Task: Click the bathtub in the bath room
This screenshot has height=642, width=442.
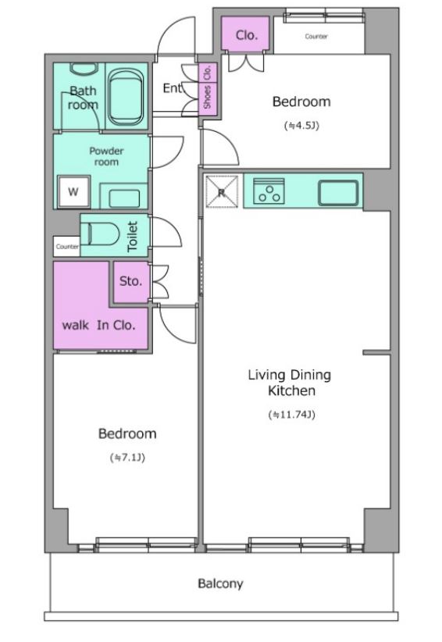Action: [126, 96]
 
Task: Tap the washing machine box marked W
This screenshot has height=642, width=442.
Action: [73, 191]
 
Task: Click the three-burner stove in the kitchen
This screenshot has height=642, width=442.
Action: [269, 191]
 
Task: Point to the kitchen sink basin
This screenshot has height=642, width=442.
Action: [338, 192]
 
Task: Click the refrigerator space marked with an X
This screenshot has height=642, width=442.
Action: [222, 191]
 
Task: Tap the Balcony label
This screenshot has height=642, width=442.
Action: [220, 583]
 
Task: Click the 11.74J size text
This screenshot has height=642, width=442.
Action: [292, 415]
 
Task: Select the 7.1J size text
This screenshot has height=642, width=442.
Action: [128, 457]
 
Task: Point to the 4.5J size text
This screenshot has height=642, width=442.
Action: [301, 125]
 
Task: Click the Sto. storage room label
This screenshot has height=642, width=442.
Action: [131, 281]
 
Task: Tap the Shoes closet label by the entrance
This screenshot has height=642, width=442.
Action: [207, 97]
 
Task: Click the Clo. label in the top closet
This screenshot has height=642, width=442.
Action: [247, 35]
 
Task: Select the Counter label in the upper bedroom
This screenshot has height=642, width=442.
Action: [316, 37]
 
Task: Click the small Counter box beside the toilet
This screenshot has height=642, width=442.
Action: [66, 247]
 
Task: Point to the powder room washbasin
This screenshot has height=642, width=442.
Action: [124, 198]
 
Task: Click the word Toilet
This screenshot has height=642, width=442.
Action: [132, 236]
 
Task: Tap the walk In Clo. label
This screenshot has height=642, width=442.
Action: [98, 325]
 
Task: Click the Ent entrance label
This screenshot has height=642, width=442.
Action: [173, 88]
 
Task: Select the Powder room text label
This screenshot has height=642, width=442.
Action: [106, 156]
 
